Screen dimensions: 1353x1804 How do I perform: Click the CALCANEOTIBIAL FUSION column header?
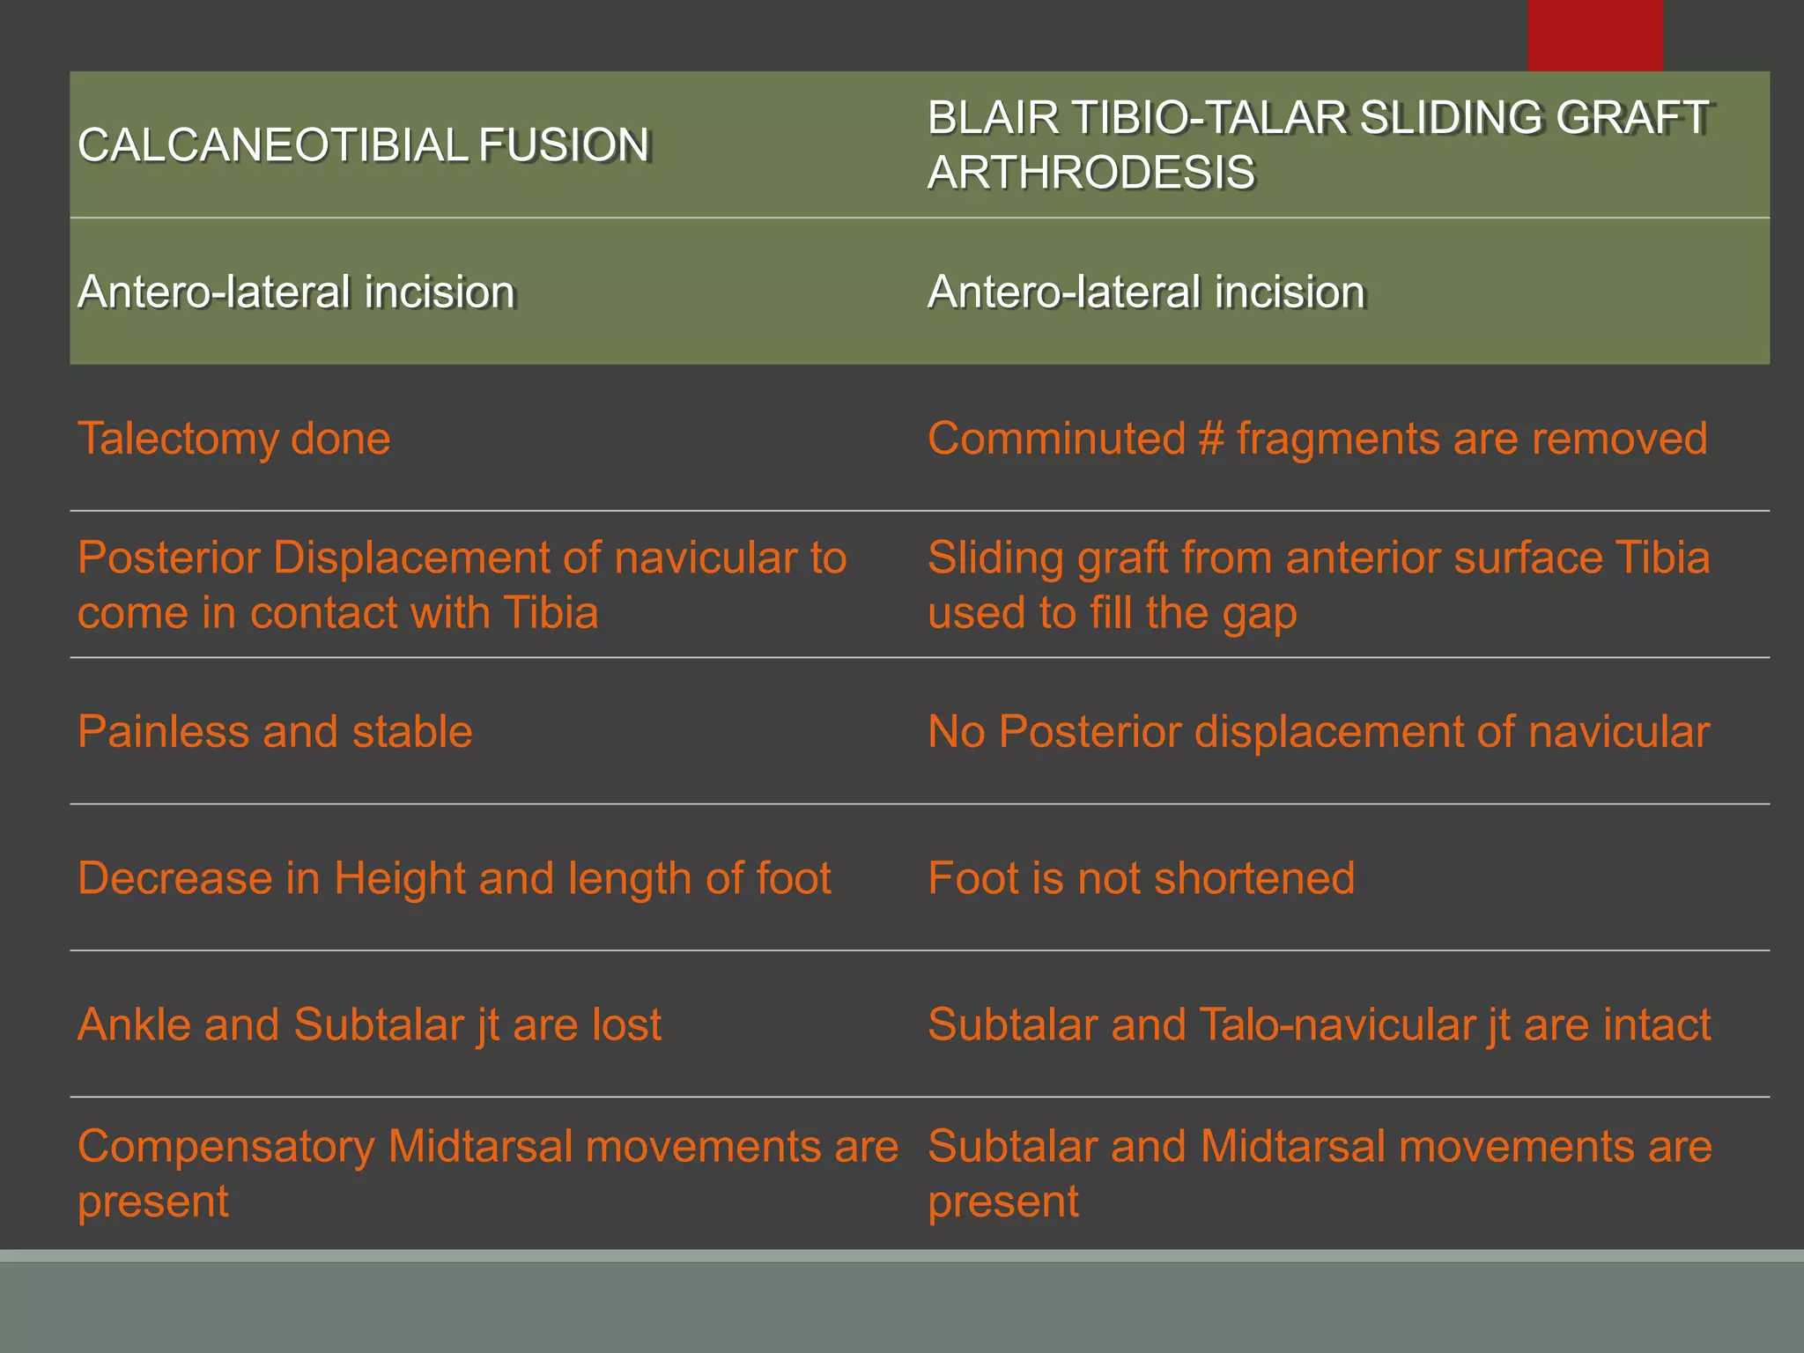(x=363, y=145)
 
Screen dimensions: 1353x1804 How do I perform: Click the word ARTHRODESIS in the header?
(x=1091, y=173)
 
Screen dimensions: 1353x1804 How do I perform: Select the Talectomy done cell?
(x=233, y=439)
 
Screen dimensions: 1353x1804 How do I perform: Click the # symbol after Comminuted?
(x=1211, y=439)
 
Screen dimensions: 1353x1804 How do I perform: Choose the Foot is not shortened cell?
(x=1141, y=878)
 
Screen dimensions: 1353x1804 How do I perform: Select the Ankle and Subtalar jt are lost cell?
(x=369, y=1024)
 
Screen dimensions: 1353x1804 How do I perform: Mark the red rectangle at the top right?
(x=1594, y=35)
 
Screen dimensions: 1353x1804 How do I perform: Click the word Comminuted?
(x=1056, y=439)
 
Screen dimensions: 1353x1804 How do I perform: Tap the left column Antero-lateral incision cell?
(x=296, y=292)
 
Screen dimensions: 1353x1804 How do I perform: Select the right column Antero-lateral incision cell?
(x=1146, y=292)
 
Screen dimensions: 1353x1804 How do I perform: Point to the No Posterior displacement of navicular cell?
(x=1318, y=732)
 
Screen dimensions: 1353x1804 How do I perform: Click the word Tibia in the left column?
(x=551, y=613)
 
